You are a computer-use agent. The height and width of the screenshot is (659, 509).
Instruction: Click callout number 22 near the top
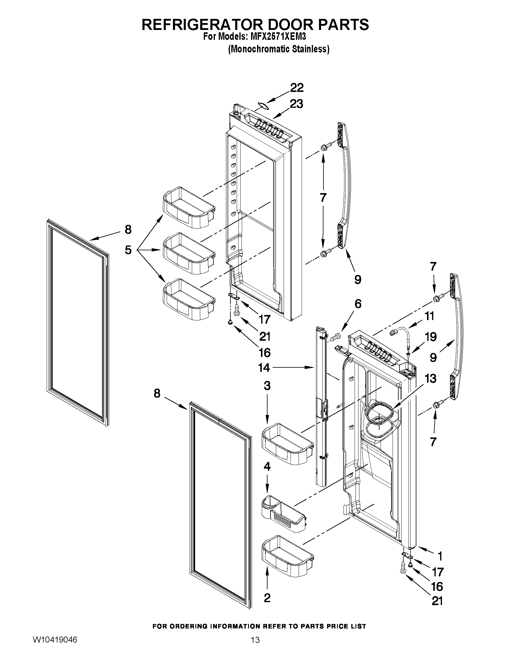pos(297,88)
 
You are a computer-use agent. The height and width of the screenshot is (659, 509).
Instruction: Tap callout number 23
pos(296,104)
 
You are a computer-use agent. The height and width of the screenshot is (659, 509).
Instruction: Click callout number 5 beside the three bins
pos(128,250)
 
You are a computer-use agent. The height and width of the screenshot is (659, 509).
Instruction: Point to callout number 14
pos(264,367)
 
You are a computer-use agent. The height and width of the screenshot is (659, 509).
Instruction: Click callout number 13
pos(430,378)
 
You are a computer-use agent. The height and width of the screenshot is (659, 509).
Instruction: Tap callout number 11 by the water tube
pos(429,316)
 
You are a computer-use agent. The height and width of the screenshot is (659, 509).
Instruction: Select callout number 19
pos(430,337)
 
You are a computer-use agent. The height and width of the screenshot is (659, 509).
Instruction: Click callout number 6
pos(358,304)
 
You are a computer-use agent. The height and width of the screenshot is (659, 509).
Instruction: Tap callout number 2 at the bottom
pos(267,598)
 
